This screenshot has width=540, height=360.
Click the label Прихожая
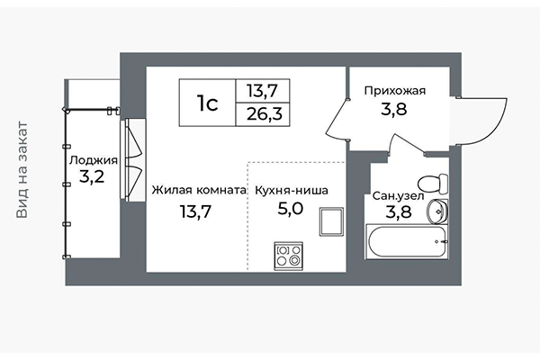point(394,91)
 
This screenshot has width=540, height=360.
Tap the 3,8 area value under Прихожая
point(393,112)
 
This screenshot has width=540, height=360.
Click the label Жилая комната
point(199,191)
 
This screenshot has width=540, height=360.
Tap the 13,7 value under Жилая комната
point(198,212)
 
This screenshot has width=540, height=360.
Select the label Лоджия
point(93,160)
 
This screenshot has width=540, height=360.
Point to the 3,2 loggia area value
point(92,177)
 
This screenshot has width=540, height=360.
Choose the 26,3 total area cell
point(263,115)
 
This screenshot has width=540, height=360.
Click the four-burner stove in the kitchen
point(288,255)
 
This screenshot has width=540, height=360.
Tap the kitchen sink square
point(330,221)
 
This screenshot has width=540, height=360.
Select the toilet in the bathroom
point(433,183)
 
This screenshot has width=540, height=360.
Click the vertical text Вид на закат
point(22,171)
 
